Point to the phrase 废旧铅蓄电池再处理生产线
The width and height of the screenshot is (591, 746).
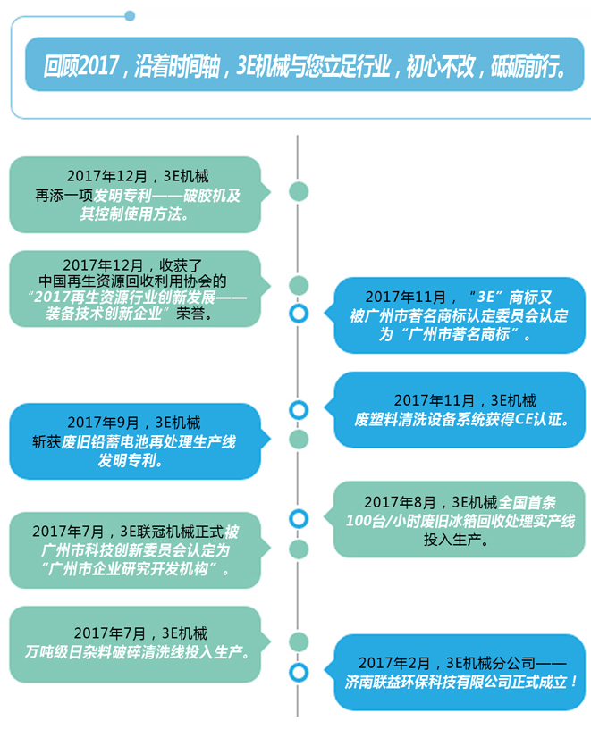[134, 441]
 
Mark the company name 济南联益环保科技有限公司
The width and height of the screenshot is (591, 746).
[437, 681]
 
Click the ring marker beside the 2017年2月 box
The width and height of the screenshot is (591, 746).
[299, 671]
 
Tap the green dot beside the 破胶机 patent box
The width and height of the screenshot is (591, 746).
[299, 192]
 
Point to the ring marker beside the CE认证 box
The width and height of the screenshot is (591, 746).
[299, 410]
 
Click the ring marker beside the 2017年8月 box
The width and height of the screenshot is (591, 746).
[299, 518]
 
